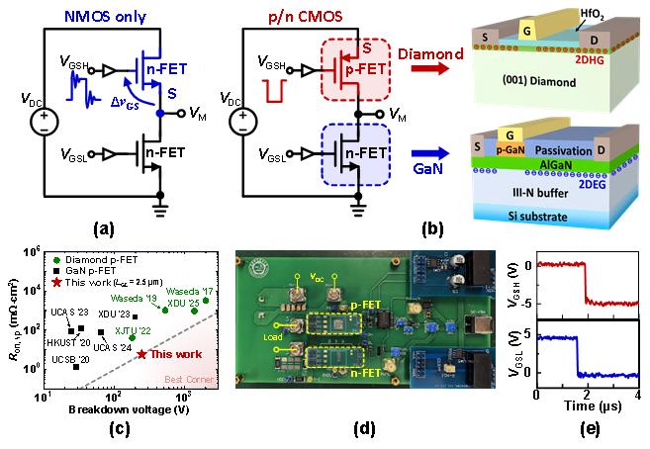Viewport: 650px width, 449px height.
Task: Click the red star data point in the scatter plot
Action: point(142,353)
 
